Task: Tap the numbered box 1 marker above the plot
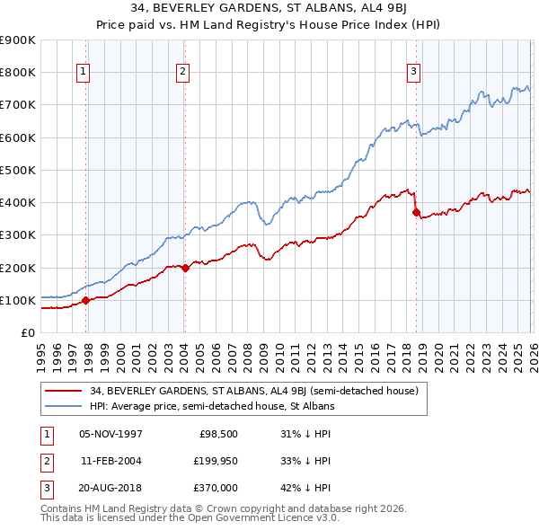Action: click(x=83, y=73)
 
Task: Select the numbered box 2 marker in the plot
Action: click(x=182, y=73)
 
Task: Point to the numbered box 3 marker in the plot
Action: click(x=413, y=73)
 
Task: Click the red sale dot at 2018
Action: click(x=416, y=212)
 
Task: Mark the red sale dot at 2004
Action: click(x=184, y=267)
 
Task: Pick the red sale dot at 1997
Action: click(x=86, y=300)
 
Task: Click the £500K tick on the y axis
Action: click(x=18, y=170)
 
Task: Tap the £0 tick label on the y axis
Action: click(x=27, y=332)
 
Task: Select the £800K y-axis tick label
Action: click(x=18, y=72)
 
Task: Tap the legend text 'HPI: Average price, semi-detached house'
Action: click(x=211, y=406)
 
